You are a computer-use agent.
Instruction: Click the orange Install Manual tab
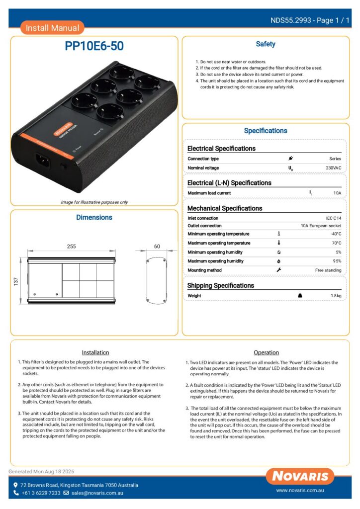pos(52,28)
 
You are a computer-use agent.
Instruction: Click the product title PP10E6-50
pos(94,46)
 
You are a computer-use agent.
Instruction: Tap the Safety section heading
pos(266,44)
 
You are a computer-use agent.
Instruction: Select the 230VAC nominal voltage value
pos(333,168)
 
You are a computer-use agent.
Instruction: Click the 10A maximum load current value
pos(337,193)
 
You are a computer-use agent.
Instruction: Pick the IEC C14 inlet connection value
pos(333,218)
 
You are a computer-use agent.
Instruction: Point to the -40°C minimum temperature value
pos(336,234)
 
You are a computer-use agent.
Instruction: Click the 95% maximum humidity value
pos(337,261)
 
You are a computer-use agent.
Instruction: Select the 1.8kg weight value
pos(336,296)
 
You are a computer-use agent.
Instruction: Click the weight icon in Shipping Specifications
pos(300,295)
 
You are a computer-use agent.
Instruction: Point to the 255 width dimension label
pos(71,246)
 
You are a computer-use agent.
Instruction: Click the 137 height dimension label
pos(15,282)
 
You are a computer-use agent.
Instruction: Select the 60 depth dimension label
pos(157,246)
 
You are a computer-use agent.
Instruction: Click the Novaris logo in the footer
pos(300,476)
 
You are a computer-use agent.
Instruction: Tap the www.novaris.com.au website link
pos(300,491)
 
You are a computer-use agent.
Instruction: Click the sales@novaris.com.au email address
pos(97,493)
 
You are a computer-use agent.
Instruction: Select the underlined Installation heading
pos(95,352)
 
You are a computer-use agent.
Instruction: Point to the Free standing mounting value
pos(328,270)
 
